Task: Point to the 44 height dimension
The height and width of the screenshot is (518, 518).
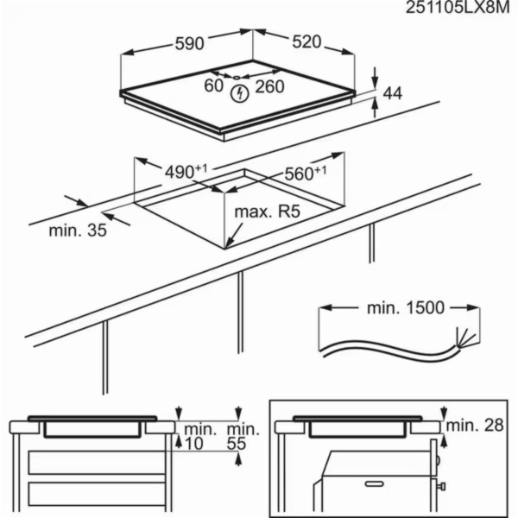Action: [x=393, y=92]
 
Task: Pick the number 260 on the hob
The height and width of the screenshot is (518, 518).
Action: [x=269, y=85]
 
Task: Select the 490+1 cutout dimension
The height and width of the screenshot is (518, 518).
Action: [x=186, y=171]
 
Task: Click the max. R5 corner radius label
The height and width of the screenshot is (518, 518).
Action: [x=266, y=211]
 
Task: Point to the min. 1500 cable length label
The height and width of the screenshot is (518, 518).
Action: [x=398, y=307]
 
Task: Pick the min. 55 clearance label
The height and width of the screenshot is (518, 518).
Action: [x=241, y=435]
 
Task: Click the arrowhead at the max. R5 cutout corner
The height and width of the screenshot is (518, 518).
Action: [x=228, y=244]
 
